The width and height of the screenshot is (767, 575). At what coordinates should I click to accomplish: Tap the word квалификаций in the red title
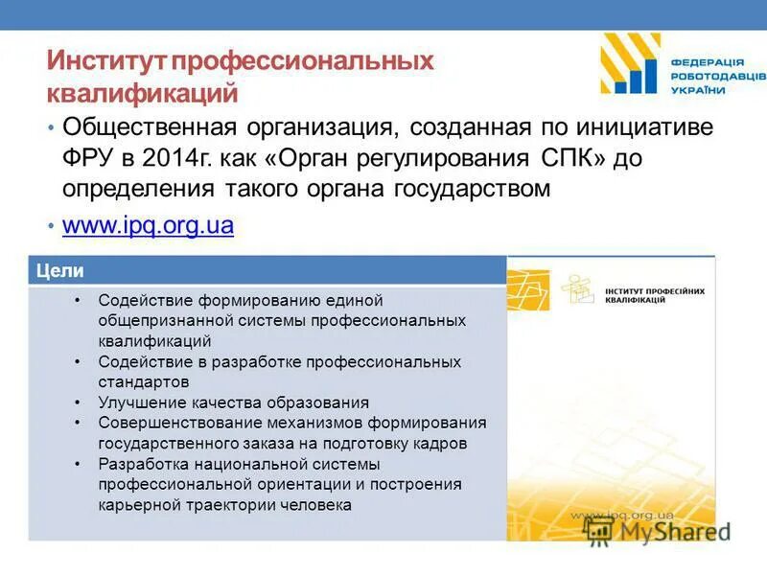(142, 94)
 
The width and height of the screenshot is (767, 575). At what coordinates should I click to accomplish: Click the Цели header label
(59, 270)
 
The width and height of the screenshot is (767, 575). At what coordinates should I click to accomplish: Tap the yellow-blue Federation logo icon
(630, 63)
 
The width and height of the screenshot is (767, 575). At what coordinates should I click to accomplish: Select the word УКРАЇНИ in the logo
(699, 89)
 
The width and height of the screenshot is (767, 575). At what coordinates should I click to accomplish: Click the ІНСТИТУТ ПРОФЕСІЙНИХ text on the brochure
(655, 290)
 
